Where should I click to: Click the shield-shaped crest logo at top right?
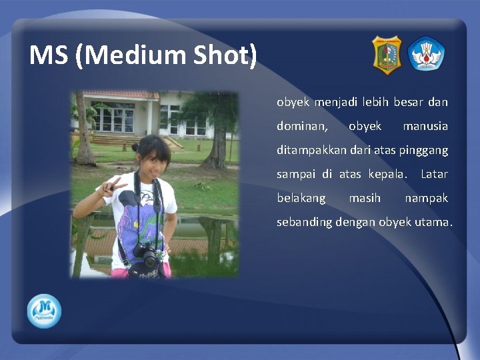tap(386, 55)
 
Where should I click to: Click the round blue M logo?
tap(44, 311)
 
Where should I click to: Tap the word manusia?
tap(425, 126)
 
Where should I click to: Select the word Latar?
tap(434, 175)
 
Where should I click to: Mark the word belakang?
tap(301, 198)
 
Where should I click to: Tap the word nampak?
tap(426, 198)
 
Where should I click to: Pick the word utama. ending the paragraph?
tap(434, 222)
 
